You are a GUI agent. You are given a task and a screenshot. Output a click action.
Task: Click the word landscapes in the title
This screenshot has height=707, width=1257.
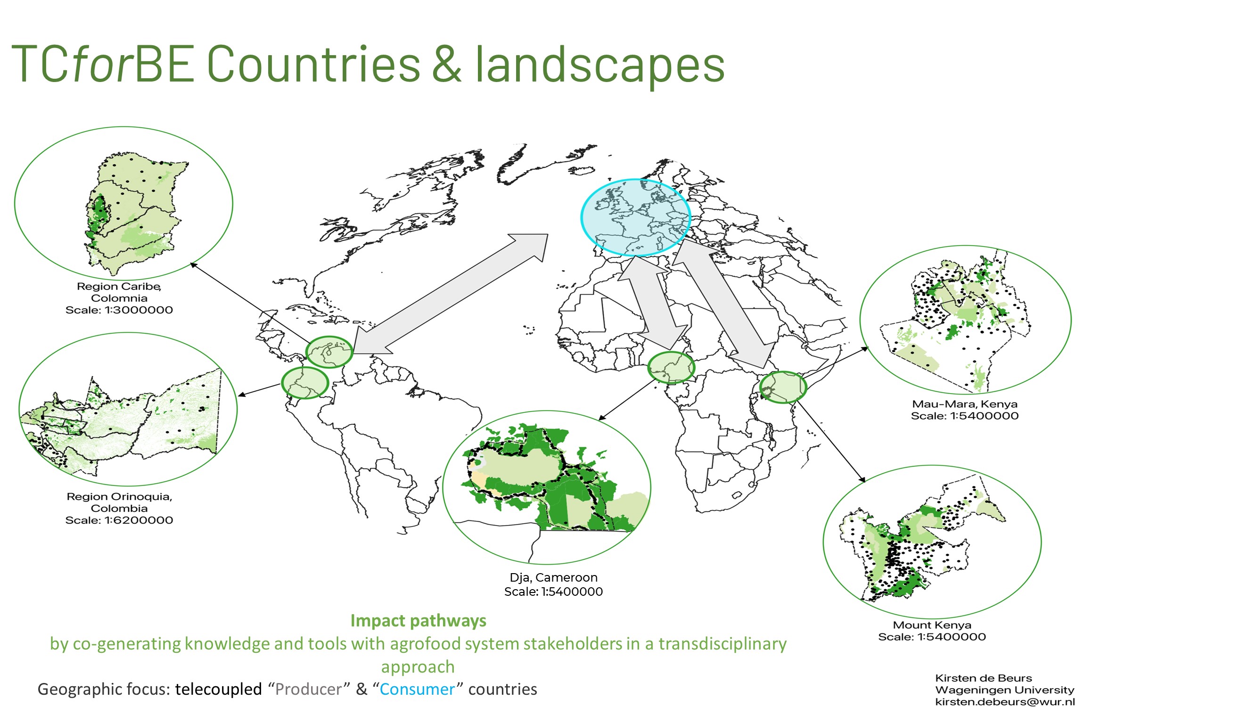(600, 65)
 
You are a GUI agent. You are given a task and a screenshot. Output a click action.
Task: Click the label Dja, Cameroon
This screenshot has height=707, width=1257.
(553, 577)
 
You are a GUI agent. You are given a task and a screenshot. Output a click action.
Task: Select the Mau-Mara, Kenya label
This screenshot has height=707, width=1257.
(964, 403)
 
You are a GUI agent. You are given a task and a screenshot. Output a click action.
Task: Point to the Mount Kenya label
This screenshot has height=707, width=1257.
(931, 625)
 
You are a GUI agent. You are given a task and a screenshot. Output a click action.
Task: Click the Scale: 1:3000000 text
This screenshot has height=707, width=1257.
(119, 310)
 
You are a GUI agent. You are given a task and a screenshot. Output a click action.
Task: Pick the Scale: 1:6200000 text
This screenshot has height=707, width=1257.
(119, 520)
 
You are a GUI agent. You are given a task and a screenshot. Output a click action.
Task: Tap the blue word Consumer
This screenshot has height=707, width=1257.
(417, 689)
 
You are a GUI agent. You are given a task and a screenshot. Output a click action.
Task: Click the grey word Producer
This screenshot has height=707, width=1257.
(308, 689)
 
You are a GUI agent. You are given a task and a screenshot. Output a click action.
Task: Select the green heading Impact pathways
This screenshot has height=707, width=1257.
(418, 621)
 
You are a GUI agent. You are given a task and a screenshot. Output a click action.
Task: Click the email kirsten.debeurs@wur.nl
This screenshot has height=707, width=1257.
(1005, 702)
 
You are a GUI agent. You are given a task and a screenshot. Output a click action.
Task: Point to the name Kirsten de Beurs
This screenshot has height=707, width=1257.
(983, 678)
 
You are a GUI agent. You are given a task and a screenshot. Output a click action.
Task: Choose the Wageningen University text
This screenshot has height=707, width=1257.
(1005, 690)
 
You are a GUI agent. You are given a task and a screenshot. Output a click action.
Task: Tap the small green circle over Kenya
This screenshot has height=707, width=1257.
(761, 387)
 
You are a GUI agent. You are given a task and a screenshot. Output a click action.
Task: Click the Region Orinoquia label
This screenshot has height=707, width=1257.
(119, 496)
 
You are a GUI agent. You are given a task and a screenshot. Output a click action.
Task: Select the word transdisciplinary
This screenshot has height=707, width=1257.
(722, 643)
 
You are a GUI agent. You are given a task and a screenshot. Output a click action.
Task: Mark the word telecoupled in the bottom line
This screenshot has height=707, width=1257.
(219, 689)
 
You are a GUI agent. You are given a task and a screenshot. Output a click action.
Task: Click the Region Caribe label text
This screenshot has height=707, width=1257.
(119, 287)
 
